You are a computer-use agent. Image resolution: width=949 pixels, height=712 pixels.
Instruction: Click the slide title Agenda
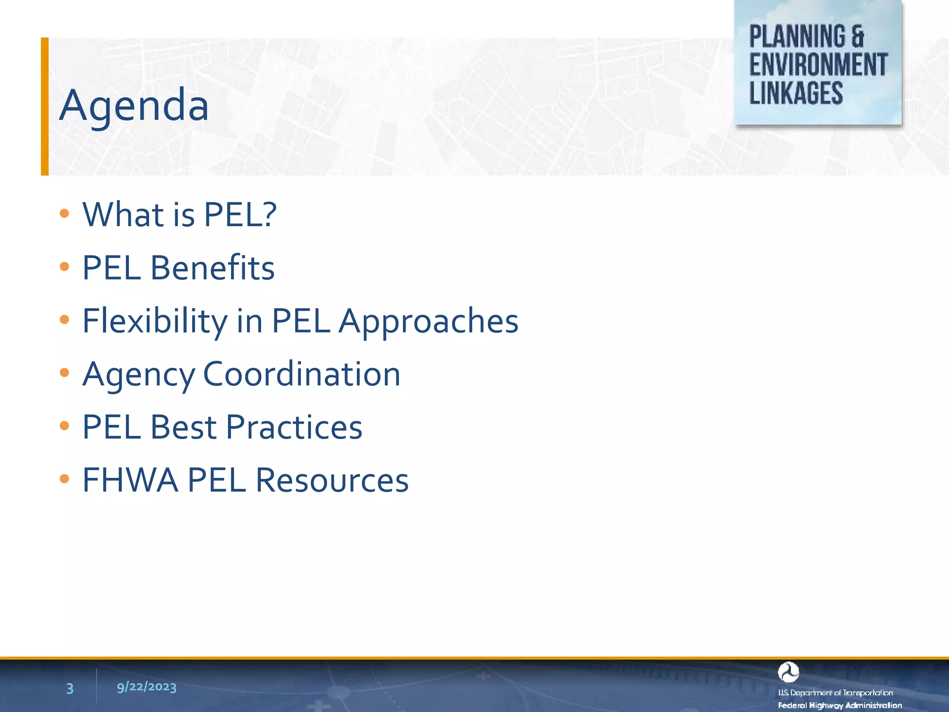134,106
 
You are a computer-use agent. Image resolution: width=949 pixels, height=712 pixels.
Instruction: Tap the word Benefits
212,268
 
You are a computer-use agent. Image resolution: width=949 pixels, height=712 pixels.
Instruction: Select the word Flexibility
155,321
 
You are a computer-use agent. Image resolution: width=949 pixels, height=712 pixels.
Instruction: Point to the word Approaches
428,321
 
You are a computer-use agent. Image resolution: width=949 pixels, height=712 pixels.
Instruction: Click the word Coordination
302,374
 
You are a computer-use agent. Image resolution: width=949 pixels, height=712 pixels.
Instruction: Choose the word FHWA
130,480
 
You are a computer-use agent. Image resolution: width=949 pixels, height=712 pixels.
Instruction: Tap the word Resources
332,480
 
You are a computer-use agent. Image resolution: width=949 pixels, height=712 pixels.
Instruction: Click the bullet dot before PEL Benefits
64,267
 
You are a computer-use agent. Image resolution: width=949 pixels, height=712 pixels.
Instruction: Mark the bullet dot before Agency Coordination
64,372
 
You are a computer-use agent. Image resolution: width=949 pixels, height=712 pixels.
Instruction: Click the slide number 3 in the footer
70,688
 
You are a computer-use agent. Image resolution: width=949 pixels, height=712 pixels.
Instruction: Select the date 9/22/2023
146,687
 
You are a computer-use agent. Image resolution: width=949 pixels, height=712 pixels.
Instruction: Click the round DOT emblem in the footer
788,672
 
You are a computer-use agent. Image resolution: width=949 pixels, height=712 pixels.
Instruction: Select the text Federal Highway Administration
840,705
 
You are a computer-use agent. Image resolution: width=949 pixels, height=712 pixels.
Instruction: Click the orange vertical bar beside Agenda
44,106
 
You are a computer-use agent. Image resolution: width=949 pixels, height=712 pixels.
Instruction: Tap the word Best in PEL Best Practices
183,427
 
